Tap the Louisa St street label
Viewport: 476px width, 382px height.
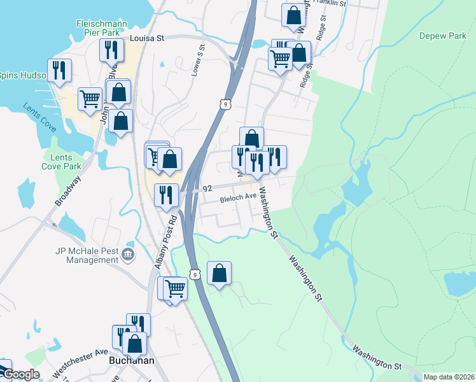click(x=147, y=38)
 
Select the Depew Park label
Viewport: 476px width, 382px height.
click(x=443, y=36)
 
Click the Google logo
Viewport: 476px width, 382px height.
click(x=21, y=374)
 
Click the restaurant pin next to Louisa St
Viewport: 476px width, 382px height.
click(x=112, y=50)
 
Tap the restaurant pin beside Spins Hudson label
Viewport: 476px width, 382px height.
click(x=61, y=70)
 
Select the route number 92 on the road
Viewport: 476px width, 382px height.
click(x=207, y=189)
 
